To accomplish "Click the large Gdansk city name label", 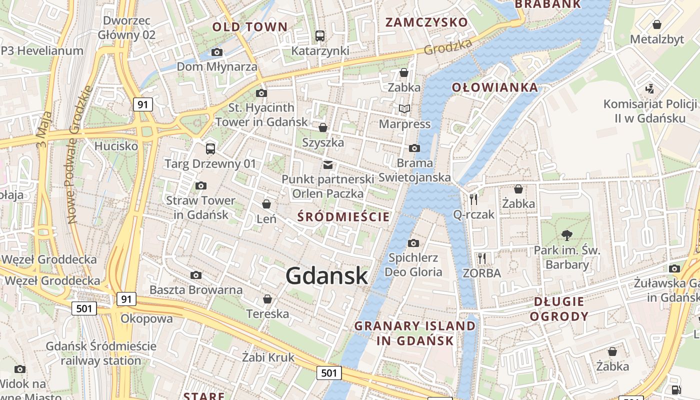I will [327, 276].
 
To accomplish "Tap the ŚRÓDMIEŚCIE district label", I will [343, 216].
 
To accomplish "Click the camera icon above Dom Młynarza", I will [217, 52].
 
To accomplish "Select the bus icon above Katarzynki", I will [320, 36].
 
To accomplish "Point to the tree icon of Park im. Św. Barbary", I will [567, 235].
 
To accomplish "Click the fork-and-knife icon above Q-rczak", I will [473, 199].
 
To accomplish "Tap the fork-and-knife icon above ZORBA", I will [482, 258].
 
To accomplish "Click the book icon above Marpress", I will [404, 108].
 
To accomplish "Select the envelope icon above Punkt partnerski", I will [328, 164].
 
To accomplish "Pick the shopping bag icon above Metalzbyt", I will [657, 24].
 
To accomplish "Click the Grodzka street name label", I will [448, 47].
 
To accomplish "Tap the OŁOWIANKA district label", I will [495, 87].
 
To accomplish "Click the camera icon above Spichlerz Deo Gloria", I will [413, 243].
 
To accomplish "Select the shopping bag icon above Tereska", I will [267, 299].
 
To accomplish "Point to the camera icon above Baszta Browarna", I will [196, 275].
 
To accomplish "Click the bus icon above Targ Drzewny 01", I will [210, 148].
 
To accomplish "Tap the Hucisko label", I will [116, 146].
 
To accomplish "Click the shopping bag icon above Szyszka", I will [323, 127].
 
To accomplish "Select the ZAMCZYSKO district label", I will [426, 22].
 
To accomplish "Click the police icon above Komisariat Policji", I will [649, 89].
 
